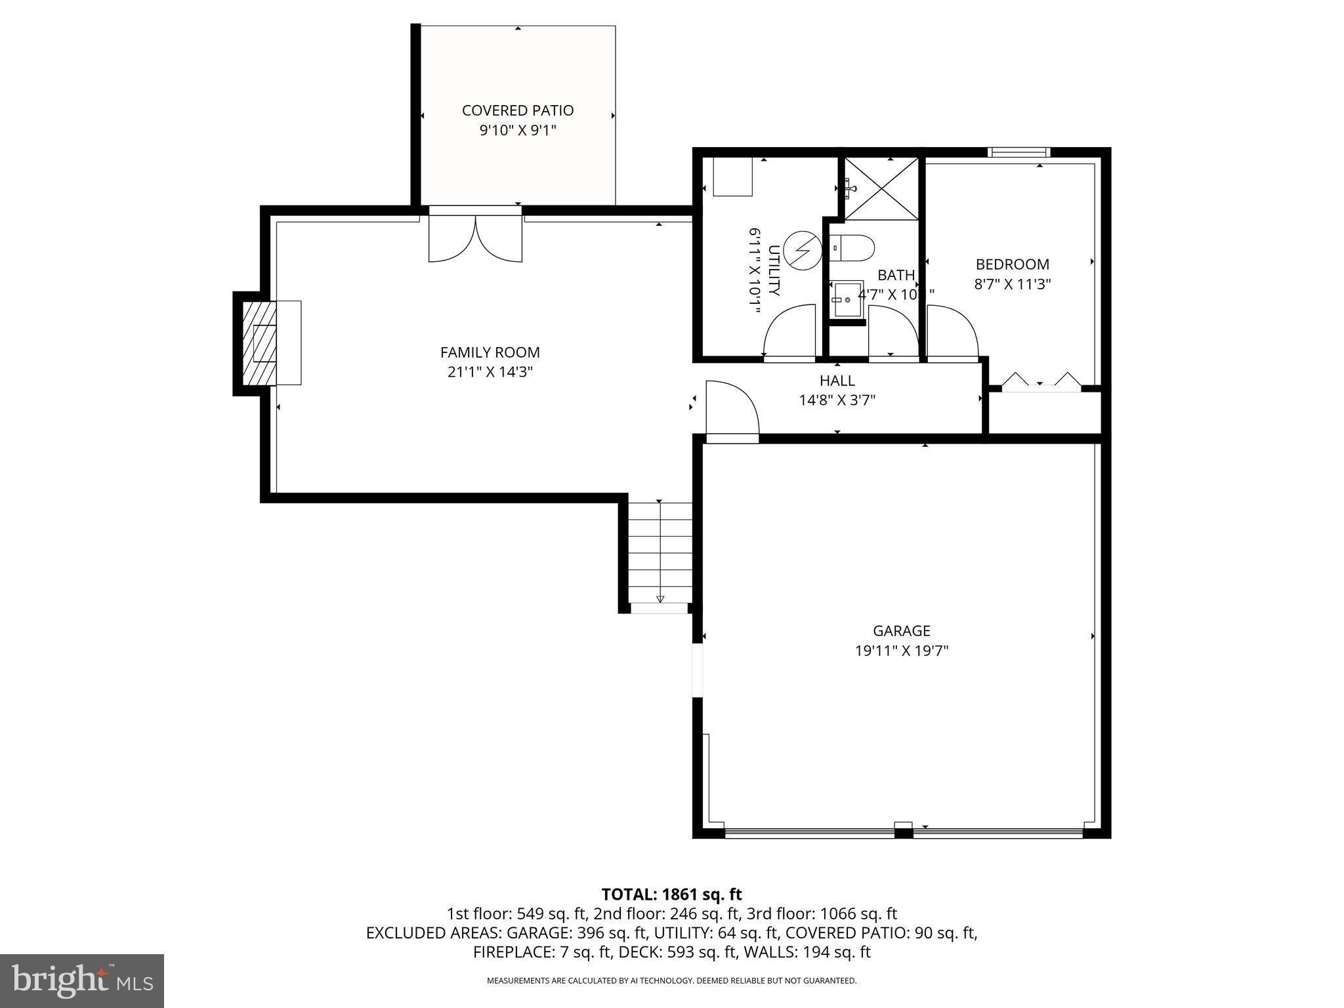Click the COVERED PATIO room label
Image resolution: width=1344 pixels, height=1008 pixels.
(517, 110)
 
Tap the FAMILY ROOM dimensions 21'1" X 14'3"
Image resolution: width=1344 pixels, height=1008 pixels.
(490, 372)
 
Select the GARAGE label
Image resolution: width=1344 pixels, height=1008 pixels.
(901, 631)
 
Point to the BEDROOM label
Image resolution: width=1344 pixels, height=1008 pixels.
(1012, 264)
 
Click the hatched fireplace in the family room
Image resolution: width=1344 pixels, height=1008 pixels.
(260, 343)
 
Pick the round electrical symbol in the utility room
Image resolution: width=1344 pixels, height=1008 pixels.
(802, 250)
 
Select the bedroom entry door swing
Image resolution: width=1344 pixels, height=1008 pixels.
(951, 333)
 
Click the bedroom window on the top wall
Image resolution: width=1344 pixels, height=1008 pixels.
(1018, 152)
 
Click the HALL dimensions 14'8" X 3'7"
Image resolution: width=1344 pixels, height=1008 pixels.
(837, 400)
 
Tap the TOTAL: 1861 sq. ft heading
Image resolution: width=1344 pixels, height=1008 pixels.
(671, 894)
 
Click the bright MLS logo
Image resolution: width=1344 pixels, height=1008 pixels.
(81, 980)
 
